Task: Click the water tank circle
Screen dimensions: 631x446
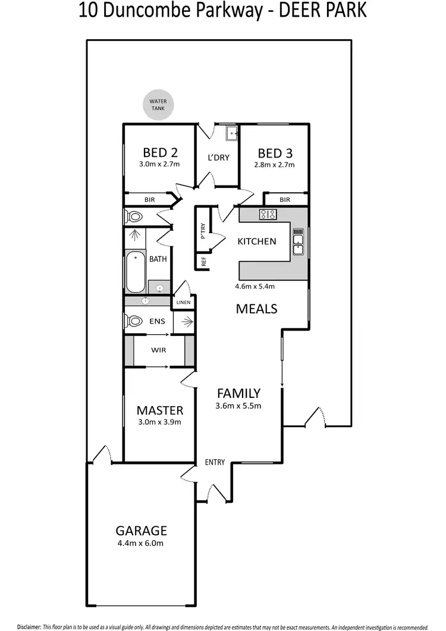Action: (158, 105)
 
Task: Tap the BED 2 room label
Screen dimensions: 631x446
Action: (160, 152)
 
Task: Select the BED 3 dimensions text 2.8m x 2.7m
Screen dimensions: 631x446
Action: (275, 165)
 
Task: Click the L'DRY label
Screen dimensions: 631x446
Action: (218, 158)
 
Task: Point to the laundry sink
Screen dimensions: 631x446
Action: (231, 134)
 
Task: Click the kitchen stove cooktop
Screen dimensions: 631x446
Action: (267, 214)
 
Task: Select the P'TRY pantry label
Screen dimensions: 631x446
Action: (203, 231)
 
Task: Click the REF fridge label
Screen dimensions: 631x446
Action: (203, 260)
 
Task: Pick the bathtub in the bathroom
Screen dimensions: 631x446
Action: (136, 272)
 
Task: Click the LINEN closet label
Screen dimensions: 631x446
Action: (183, 303)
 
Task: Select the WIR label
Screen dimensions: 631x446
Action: (158, 350)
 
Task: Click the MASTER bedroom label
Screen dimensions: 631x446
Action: (159, 410)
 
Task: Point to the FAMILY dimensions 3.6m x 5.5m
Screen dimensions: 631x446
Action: (238, 406)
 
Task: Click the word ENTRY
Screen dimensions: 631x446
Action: (215, 462)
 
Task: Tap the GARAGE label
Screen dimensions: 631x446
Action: (141, 531)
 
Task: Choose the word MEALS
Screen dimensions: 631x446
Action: (256, 309)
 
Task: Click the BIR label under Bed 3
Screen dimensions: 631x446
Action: (284, 200)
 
